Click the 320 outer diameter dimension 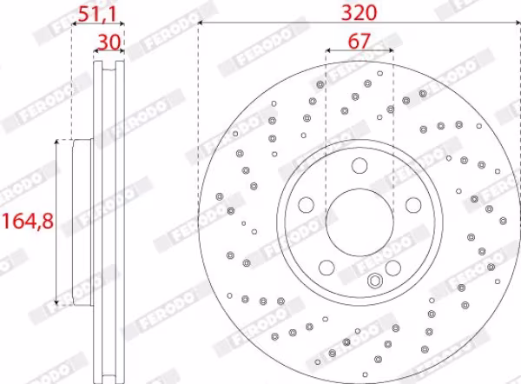click(x=359, y=13)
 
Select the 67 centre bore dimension click(x=359, y=41)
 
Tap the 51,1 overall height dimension click(x=98, y=14)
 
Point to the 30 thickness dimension click(x=109, y=43)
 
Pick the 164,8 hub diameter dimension click(x=28, y=222)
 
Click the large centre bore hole click(x=359, y=222)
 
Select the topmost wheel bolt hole click(x=359, y=166)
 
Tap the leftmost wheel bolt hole click(x=306, y=205)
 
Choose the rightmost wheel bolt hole click(x=413, y=205)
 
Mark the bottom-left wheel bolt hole click(x=326, y=268)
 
